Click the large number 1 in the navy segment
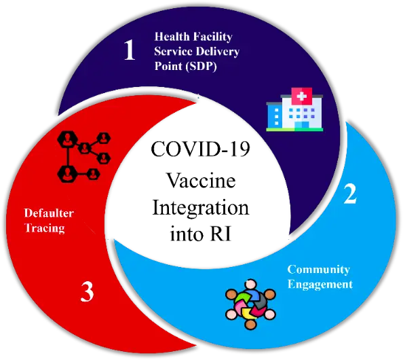[130, 50]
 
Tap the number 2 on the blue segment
[350, 194]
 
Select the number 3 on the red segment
[87, 291]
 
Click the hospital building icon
[294, 109]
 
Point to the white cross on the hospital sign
[301, 96]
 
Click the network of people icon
[84, 156]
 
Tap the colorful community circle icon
[250, 304]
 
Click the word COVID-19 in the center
[200, 149]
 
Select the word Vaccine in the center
[201, 181]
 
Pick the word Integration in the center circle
[201, 209]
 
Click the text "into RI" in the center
[201, 234]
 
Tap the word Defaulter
[49, 213]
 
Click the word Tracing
[45, 228]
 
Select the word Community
[319, 270]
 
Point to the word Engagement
[320, 285]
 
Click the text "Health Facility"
[193, 37]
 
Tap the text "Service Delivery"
[197, 52]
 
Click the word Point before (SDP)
[168, 66]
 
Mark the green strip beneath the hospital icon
[294, 130]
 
